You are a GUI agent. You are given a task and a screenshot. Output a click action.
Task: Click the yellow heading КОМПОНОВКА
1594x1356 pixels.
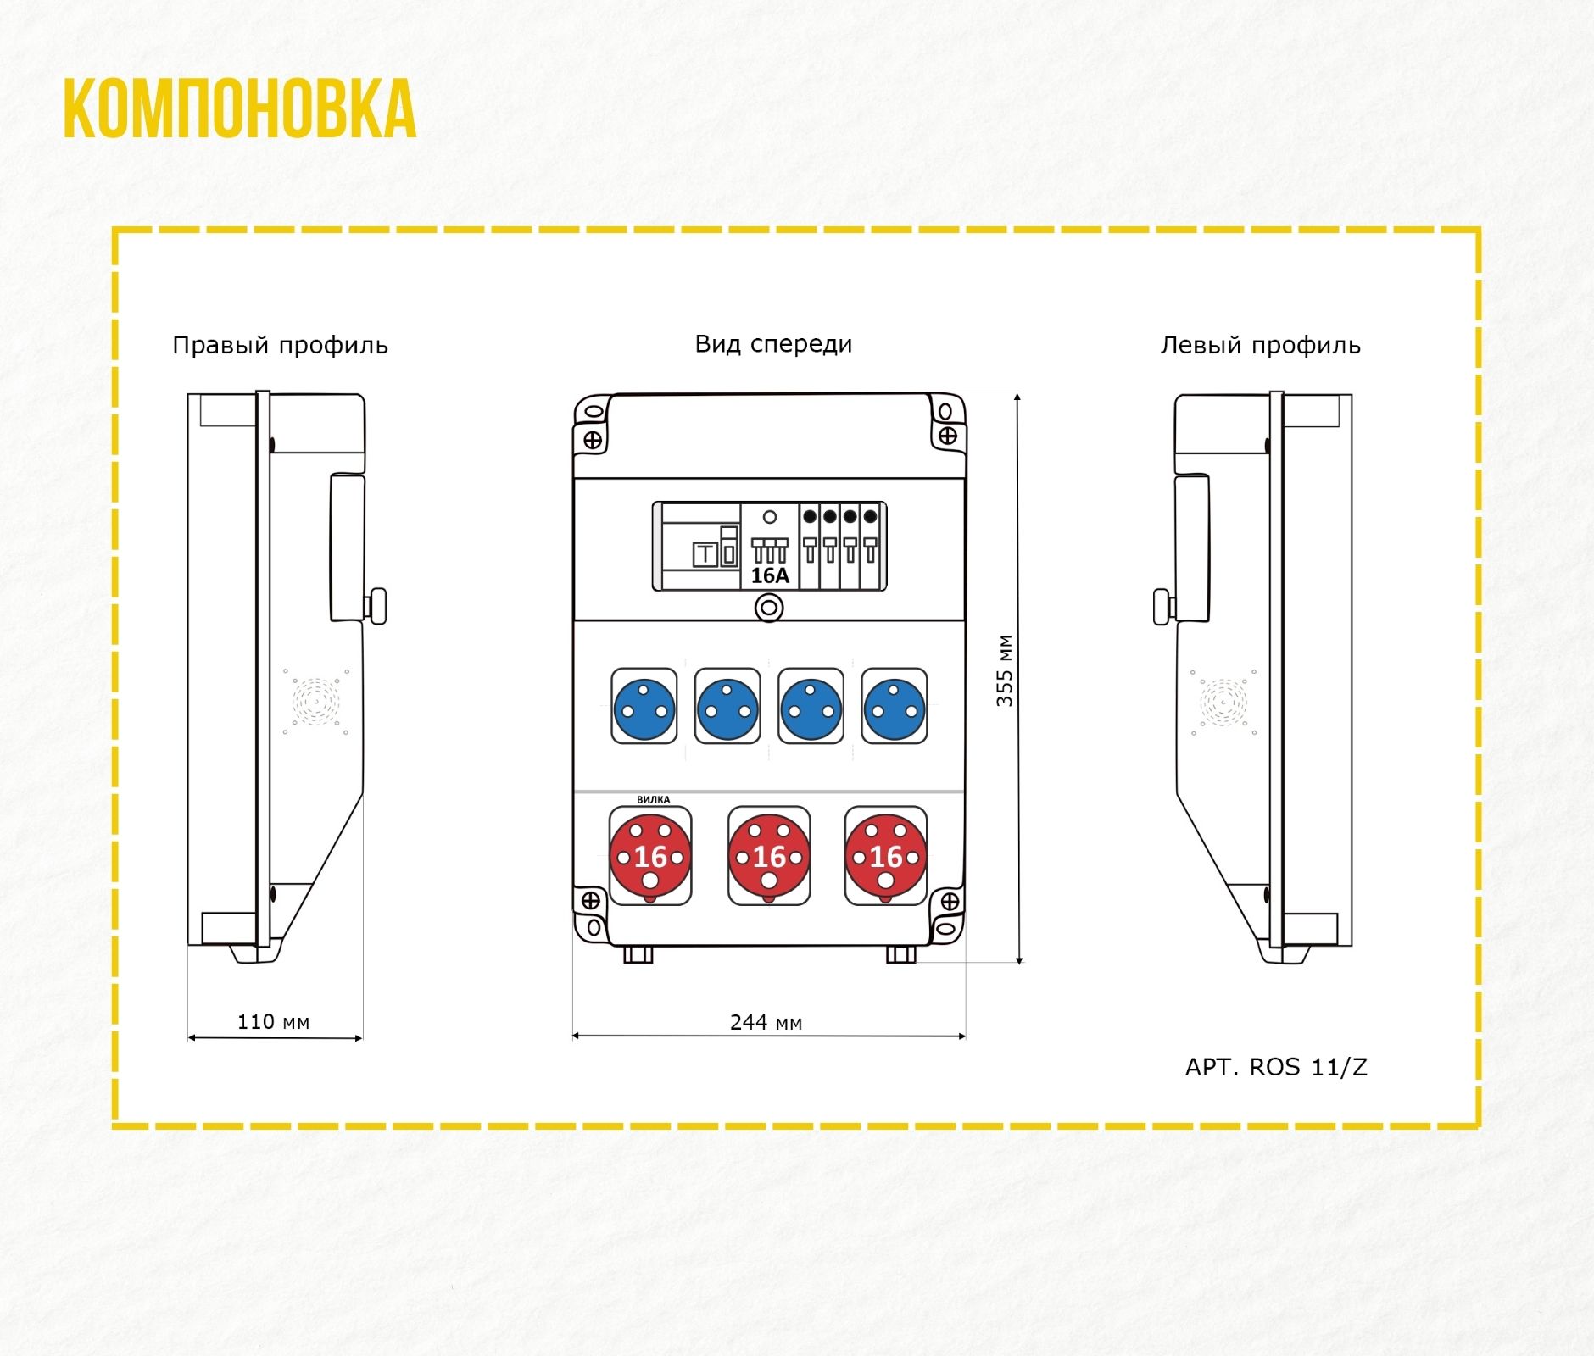coord(240,109)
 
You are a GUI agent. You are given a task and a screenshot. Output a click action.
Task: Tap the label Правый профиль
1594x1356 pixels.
coord(280,346)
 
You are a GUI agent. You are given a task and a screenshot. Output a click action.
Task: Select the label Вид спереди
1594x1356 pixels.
coord(773,344)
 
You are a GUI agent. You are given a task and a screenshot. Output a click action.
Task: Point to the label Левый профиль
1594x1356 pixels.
coord(1260,346)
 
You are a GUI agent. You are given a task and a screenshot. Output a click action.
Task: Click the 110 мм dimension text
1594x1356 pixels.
coord(273,1021)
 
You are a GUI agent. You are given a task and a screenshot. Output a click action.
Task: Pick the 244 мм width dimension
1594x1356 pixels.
coord(766,1022)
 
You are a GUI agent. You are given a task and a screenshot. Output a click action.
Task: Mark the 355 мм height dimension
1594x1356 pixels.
coord(1005,670)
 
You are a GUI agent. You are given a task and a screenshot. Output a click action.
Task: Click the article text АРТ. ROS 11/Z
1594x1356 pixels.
coord(1276,1067)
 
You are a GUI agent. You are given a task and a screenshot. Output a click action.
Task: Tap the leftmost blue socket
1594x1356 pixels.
coord(644,707)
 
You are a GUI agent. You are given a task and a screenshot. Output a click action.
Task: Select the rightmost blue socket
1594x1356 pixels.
coord(895,707)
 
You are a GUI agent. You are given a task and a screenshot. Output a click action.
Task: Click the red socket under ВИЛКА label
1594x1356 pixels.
coord(650,856)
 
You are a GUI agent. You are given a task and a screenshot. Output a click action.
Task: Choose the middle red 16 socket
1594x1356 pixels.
coord(769,856)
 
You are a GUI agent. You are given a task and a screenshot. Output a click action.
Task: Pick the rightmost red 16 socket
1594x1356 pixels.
coord(886,856)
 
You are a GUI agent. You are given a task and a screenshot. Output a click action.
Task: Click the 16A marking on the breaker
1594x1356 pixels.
coord(770,575)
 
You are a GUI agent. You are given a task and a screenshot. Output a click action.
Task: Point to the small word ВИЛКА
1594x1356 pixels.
coord(653,799)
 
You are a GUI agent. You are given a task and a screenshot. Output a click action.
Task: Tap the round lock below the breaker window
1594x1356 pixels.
coord(769,608)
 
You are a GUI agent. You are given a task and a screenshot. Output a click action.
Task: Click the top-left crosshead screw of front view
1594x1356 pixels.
coord(593,440)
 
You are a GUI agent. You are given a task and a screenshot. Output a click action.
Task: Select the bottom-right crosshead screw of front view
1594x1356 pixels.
coord(950,902)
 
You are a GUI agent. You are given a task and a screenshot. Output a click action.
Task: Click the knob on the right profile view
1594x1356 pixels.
coord(376,605)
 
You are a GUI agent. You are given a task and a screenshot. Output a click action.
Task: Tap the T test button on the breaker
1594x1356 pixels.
coord(705,555)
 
